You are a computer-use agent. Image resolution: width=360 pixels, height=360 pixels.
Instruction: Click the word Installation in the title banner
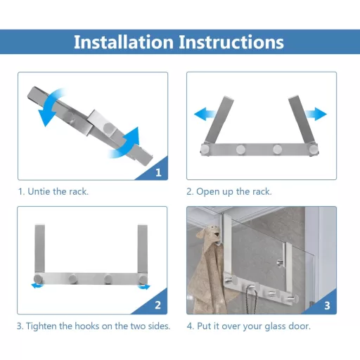(x=124, y=42)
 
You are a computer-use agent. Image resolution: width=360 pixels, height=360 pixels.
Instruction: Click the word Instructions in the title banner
(x=231, y=42)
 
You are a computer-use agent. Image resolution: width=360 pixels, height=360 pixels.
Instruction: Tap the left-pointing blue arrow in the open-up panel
(x=205, y=114)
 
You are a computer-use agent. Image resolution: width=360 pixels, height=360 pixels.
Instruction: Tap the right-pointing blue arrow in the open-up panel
(x=316, y=114)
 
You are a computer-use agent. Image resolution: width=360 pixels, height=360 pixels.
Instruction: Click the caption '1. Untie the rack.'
(x=53, y=192)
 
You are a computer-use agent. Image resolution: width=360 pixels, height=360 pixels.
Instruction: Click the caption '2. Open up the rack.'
(x=229, y=192)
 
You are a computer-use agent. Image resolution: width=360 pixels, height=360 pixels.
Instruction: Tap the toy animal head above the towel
(x=208, y=234)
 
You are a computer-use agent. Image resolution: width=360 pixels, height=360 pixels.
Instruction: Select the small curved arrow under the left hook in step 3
(x=37, y=285)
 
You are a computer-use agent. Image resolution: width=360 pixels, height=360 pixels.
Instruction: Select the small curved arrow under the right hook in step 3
(x=144, y=286)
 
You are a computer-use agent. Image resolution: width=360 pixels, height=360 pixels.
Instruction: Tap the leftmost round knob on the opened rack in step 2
(x=205, y=149)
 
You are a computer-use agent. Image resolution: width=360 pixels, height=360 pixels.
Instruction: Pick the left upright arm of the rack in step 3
(x=39, y=249)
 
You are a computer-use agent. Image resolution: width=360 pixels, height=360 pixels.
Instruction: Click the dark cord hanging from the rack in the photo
(x=251, y=301)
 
